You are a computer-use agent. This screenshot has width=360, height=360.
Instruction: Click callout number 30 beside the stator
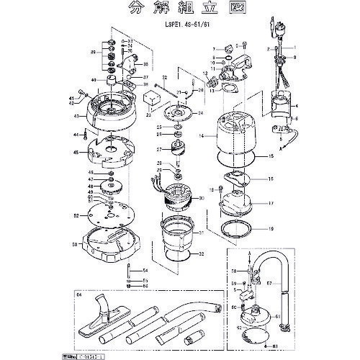coord(202,198)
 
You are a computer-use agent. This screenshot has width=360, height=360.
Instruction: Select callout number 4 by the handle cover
coord(296,106)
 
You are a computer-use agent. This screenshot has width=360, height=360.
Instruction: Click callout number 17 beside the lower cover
coord(271,204)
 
